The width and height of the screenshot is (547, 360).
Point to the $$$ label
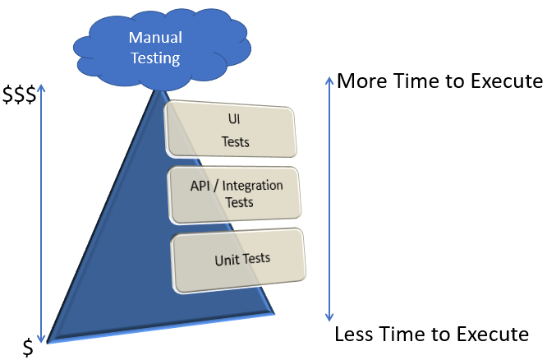click(18, 95)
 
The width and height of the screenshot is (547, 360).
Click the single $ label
click(28, 348)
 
